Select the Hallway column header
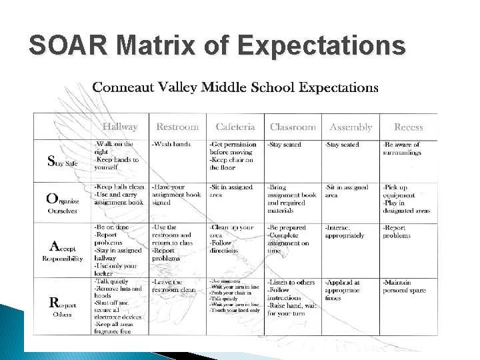[120, 127]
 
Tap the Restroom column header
[177, 127]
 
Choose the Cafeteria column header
[235, 127]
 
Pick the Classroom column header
[293, 127]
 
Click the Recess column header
[408, 127]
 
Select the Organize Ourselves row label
[63, 203]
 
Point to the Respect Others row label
[63, 306]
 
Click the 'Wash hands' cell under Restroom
[172, 144]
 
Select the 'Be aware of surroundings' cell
[402, 148]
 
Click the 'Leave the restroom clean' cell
[175, 286]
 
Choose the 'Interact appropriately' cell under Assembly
[345, 231]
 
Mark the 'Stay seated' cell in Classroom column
[285, 144]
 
